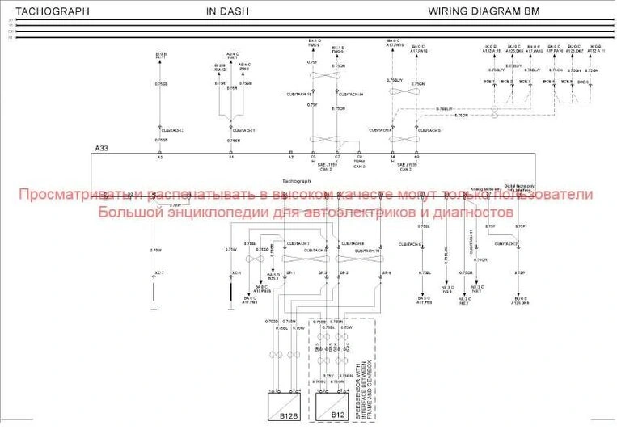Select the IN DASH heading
[228, 11]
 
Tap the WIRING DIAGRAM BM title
[482, 11]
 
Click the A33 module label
[101, 149]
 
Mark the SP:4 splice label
[386, 273]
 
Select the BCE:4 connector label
[547, 81]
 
